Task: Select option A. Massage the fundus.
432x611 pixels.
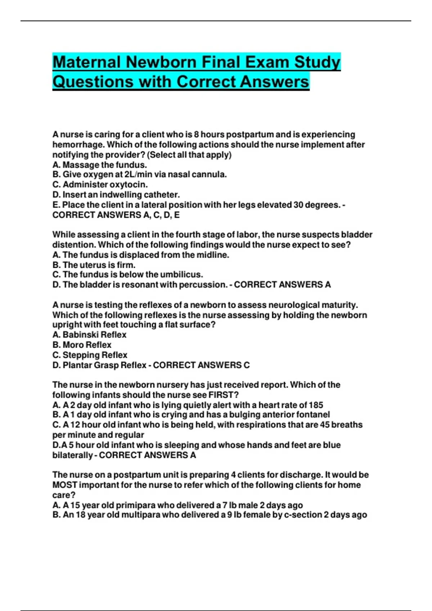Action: pos(100,165)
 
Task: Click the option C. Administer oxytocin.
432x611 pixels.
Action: pos(100,185)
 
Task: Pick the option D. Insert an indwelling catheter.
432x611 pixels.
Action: pos(116,195)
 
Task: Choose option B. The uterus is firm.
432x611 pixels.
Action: pos(94,265)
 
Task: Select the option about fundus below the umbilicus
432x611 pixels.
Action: pos(128,275)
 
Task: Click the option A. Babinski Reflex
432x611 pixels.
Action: pos(90,335)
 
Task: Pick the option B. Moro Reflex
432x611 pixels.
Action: pos(82,345)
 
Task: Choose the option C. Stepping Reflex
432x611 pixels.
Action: pos(90,355)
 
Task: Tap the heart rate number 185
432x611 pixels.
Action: pos(316,405)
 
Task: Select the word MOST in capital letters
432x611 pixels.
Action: pos(65,485)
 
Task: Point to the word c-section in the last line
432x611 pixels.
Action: pos(303,515)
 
